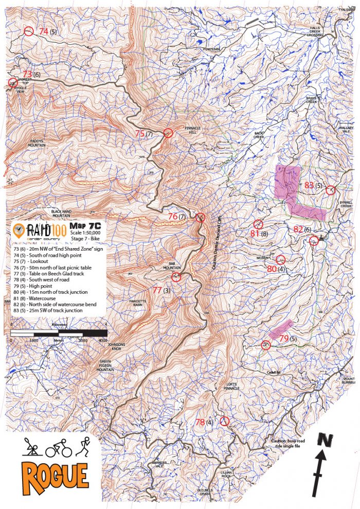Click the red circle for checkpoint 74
[28, 31]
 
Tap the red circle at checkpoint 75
[167, 133]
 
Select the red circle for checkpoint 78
[224, 421]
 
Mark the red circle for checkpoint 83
[330, 189]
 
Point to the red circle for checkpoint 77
[176, 277]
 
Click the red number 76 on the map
[172, 217]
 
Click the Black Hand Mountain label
[63, 214]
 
